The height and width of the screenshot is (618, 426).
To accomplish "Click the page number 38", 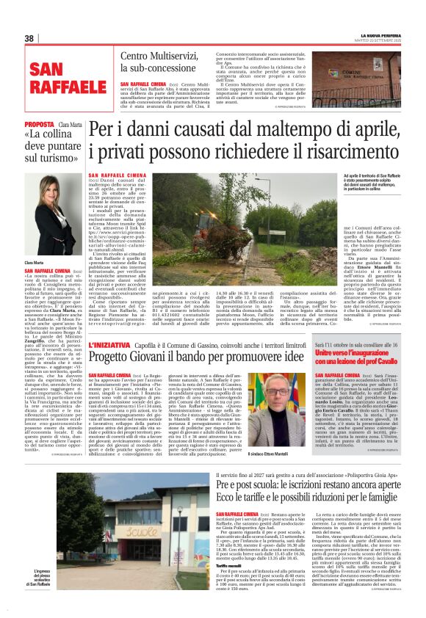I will pyautogui.click(x=29, y=38).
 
